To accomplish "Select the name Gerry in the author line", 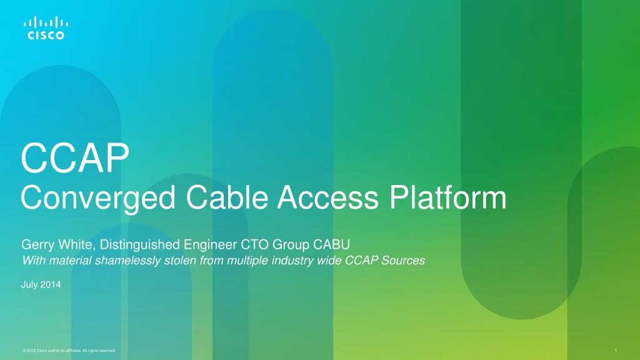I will tap(36, 244).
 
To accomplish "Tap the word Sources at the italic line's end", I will tap(404, 261).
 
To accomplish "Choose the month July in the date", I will tap(31, 285).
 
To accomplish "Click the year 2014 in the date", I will tap(51, 285).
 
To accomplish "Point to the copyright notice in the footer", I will tap(68, 351).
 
